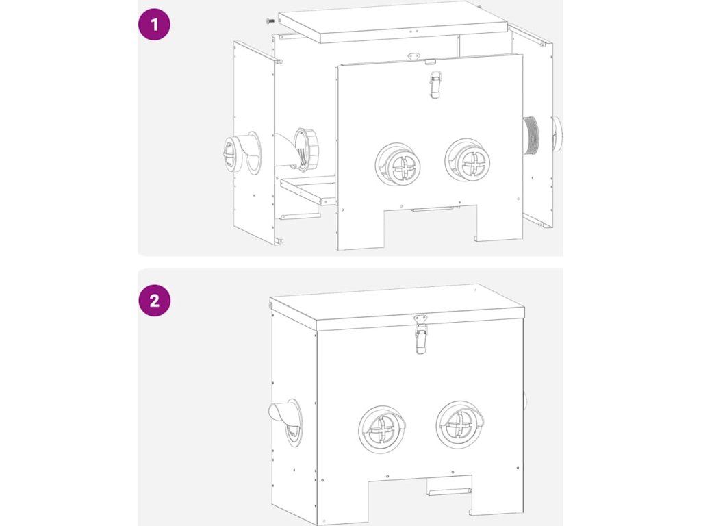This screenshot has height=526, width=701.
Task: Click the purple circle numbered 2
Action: click(x=154, y=300)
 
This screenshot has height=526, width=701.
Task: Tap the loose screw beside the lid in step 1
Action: click(x=270, y=21)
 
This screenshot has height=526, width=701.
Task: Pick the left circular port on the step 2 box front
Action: click(x=382, y=429)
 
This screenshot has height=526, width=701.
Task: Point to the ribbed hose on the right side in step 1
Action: click(x=531, y=136)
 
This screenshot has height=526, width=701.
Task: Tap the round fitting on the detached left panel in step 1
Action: click(x=240, y=153)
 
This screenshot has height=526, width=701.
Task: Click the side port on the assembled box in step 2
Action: click(x=286, y=422)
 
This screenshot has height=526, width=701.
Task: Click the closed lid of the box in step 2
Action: click(x=396, y=307)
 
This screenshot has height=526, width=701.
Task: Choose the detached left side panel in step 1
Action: click(x=254, y=142)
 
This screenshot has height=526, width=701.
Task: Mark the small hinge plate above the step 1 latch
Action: click(x=414, y=56)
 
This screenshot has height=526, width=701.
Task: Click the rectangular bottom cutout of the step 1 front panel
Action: click(x=431, y=227)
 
